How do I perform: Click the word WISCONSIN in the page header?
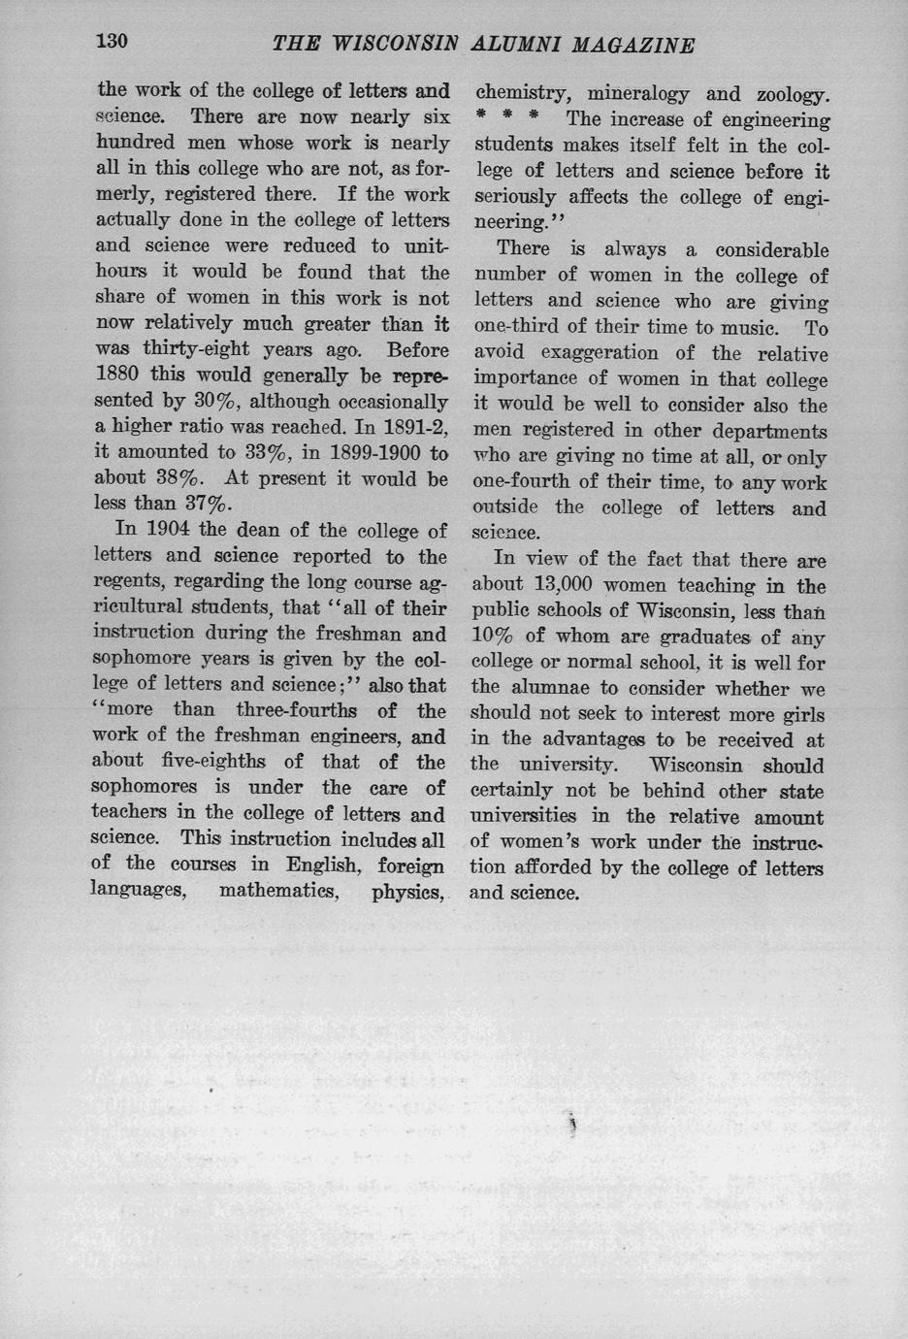point(395,45)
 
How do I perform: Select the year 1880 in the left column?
point(119,376)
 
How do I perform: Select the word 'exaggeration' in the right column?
point(599,354)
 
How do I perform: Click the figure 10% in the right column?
point(494,637)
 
